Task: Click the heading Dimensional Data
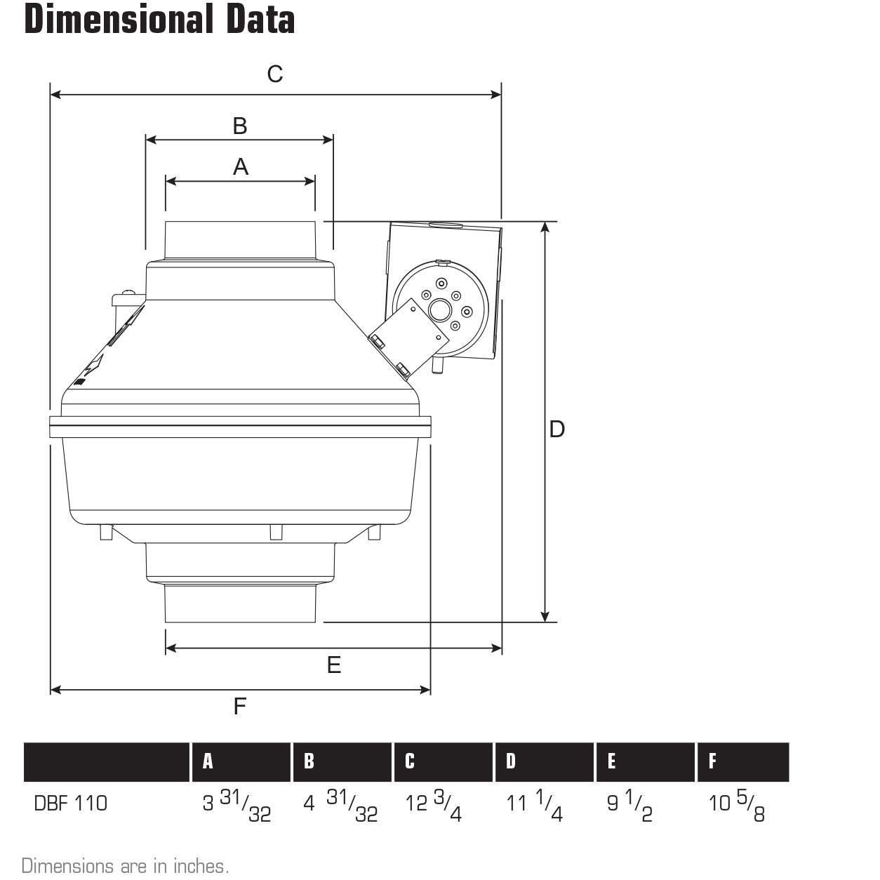point(159,20)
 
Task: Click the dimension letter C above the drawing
point(275,73)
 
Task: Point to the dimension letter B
point(240,126)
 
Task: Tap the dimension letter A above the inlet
point(241,167)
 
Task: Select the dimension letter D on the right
point(556,429)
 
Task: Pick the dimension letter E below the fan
point(334,665)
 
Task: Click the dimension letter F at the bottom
point(240,706)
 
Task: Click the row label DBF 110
point(71,804)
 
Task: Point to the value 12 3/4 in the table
point(434,805)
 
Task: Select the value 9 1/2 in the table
point(630,805)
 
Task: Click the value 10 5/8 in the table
point(737,805)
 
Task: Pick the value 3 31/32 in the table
point(236,805)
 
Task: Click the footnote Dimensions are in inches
point(125,866)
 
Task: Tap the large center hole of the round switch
point(441,309)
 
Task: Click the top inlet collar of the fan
point(240,241)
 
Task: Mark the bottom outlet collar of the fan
point(240,604)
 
